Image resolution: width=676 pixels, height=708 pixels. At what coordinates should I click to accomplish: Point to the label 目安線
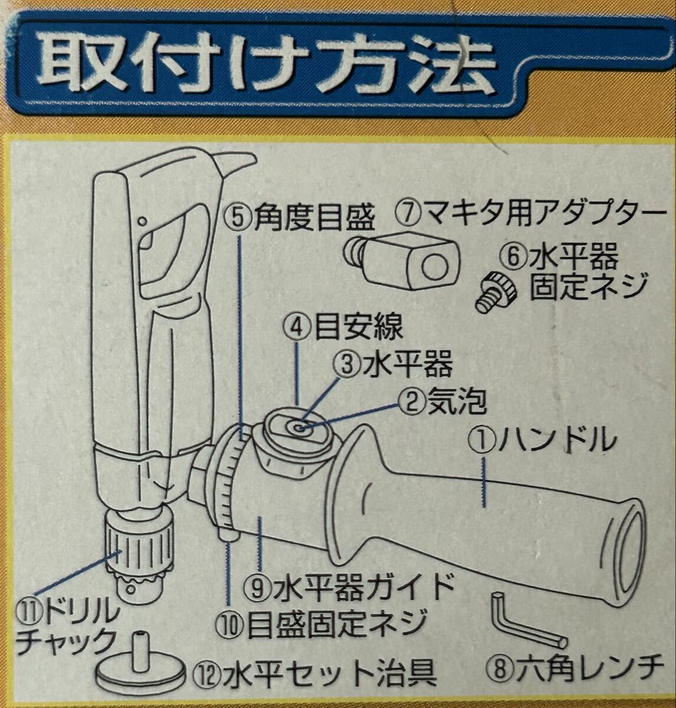tap(359, 326)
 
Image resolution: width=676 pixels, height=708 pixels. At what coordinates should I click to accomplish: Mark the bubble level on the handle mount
tap(299, 428)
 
